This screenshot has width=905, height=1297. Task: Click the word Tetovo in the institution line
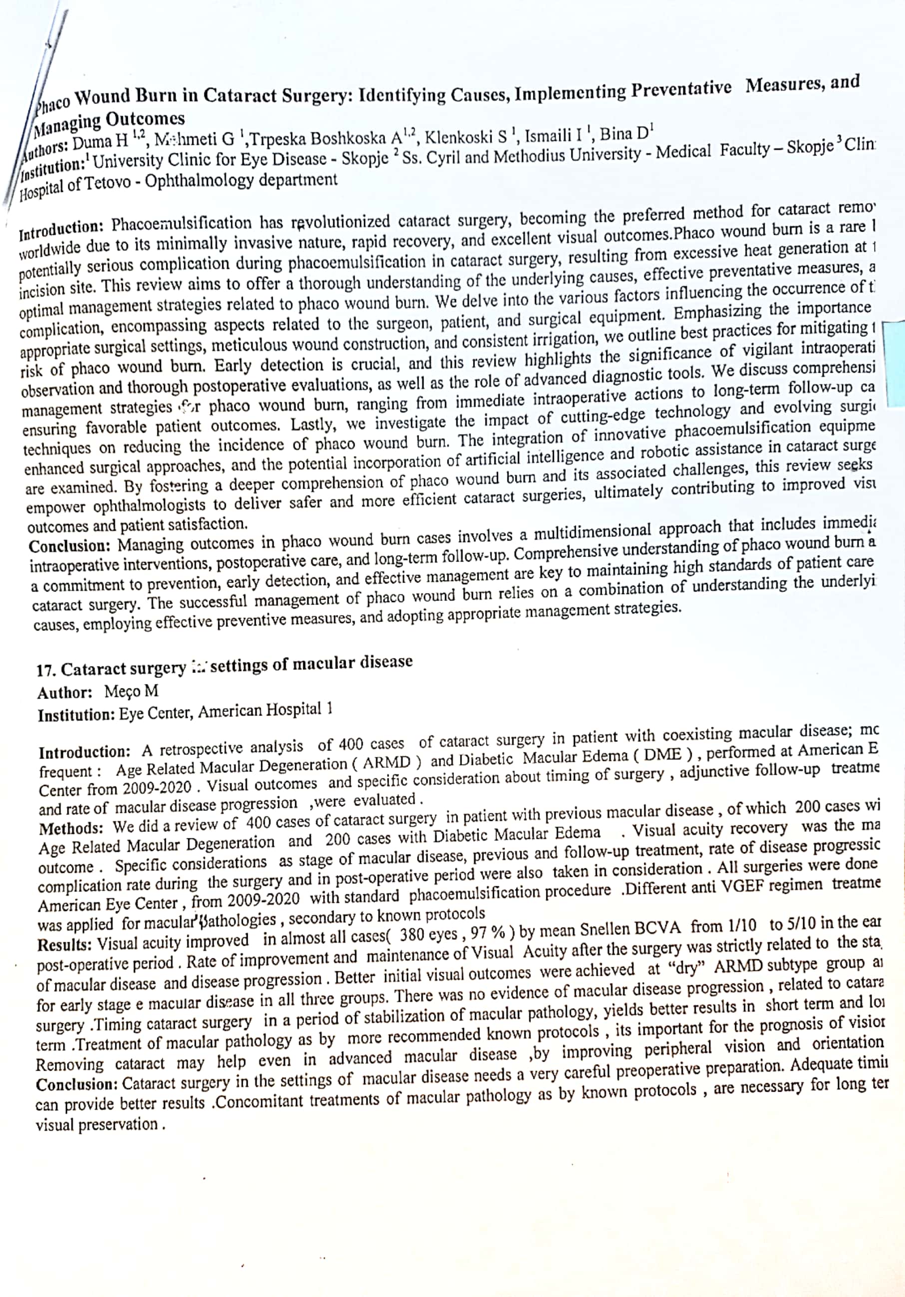click(x=109, y=184)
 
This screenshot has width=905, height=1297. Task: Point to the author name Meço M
click(x=131, y=691)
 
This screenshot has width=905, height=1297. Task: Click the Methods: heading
click(x=70, y=829)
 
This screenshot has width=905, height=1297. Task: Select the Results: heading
click(x=64, y=944)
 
